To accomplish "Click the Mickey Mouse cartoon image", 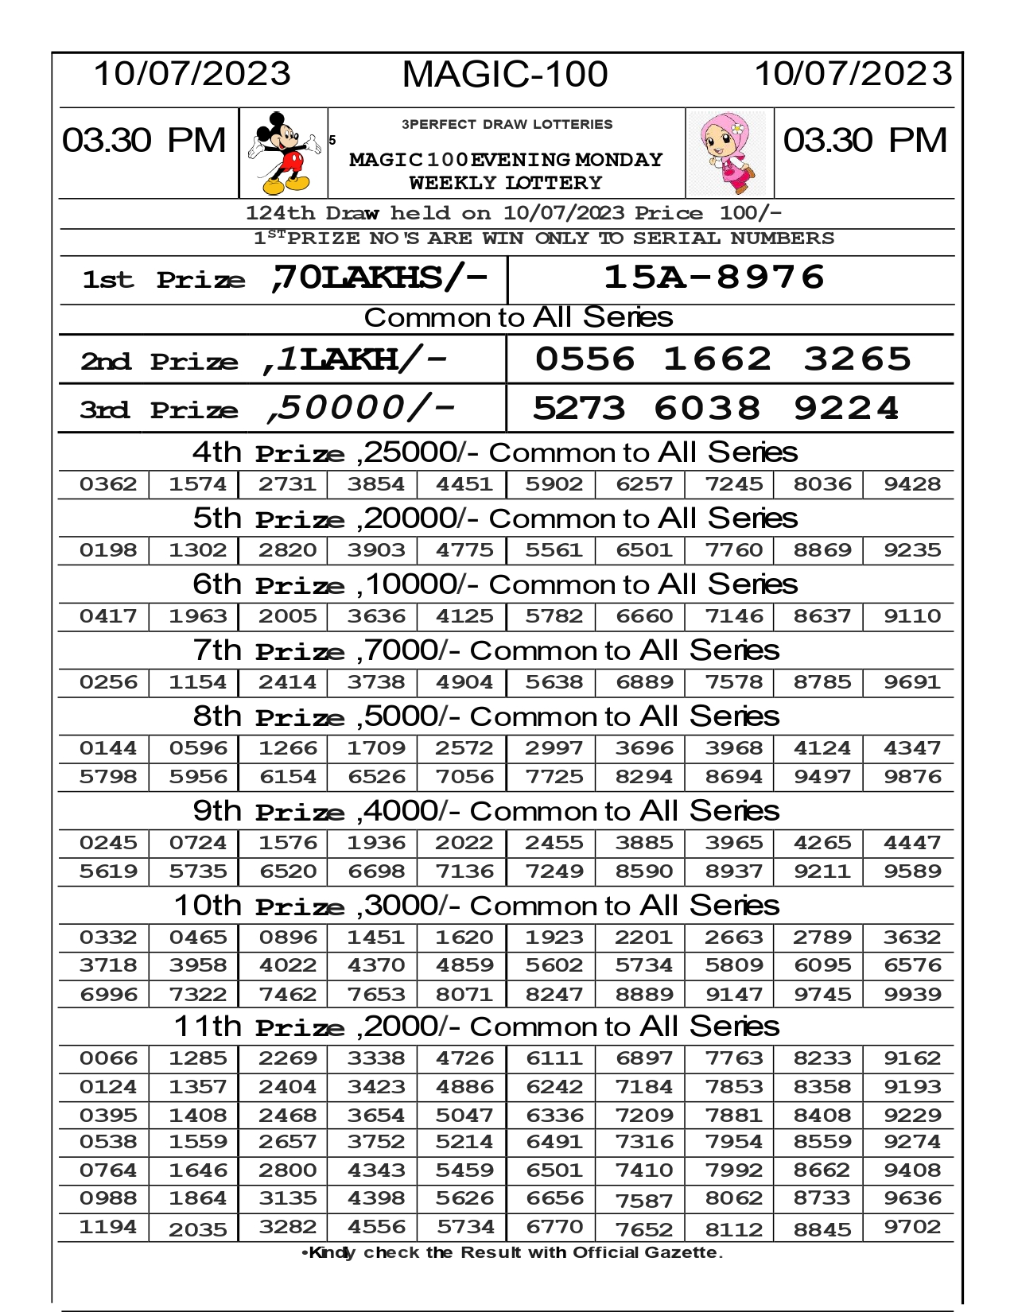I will point(283,153).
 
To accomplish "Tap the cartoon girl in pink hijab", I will point(729,153).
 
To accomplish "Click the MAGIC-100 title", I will point(505,75).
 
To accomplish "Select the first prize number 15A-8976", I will point(714,278).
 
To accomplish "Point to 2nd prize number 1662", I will point(717,359).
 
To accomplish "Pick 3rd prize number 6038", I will point(707,409).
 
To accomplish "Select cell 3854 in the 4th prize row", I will point(376,484).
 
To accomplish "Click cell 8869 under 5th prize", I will point(822,550).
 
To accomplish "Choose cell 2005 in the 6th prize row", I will point(287,616).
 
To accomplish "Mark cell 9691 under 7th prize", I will point(911,682).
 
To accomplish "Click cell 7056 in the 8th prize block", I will point(464,777).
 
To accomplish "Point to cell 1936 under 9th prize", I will point(376,843).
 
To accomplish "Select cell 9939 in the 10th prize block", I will point(911,995).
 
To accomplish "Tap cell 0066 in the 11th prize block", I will point(108,1058).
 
